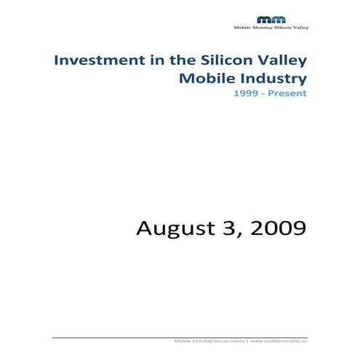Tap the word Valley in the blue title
click(x=278, y=60)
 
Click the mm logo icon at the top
click(x=272, y=20)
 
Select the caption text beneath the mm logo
click(x=271, y=28)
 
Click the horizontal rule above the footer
click(x=180, y=337)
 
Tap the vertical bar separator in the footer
click(x=247, y=341)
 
